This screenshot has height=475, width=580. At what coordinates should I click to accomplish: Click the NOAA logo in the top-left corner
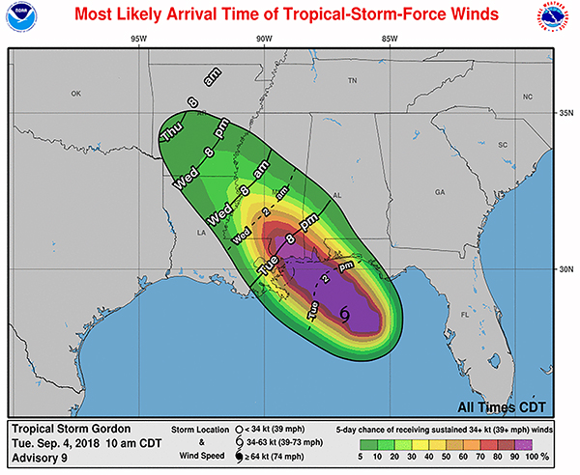pos(21,20)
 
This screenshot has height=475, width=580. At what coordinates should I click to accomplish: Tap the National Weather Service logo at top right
pos(559,21)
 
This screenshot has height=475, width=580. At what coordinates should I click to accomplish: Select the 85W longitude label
pos(391,40)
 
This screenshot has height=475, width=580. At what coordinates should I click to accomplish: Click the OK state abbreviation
pos(78,94)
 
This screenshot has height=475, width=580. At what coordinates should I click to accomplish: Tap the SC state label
pos(503,145)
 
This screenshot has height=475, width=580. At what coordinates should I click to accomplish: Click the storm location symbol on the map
pos(346,312)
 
